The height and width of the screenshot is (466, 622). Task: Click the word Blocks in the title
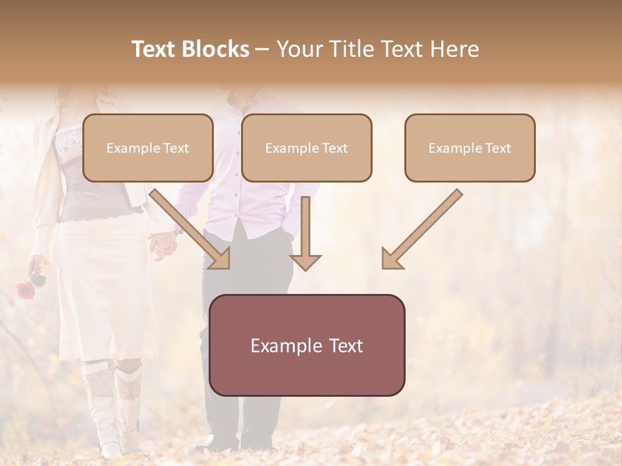point(216,49)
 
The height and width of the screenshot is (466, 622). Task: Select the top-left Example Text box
point(148,148)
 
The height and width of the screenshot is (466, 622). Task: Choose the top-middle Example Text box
point(306,148)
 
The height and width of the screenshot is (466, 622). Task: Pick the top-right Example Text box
point(470,148)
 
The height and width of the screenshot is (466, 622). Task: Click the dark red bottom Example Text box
point(307,345)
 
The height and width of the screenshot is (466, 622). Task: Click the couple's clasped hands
point(163,245)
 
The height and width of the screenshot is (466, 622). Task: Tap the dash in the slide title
point(262,49)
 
